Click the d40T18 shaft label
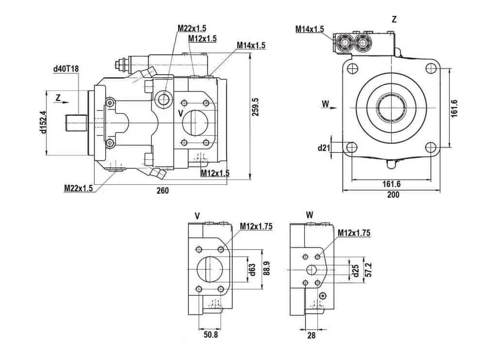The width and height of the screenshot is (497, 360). [x=66, y=69]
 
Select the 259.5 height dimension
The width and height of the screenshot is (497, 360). [x=255, y=107]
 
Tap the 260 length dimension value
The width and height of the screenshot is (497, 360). [x=163, y=191]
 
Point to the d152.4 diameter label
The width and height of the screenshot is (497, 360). [x=43, y=122]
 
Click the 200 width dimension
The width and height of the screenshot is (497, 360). [x=393, y=195]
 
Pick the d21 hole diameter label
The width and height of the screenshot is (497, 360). [x=324, y=147]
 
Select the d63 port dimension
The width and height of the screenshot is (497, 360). [x=252, y=269]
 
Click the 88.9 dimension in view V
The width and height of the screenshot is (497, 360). [x=267, y=268]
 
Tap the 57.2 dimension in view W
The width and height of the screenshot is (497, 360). [x=368, y=269]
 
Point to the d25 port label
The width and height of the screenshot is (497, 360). [x=356, y=270]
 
